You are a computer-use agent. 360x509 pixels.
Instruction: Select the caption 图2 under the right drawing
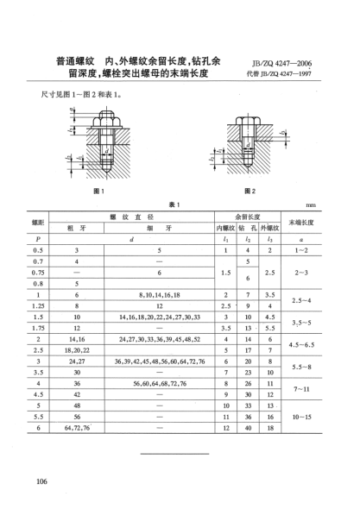point(252,189)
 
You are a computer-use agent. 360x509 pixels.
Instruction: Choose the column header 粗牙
point(77,229)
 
